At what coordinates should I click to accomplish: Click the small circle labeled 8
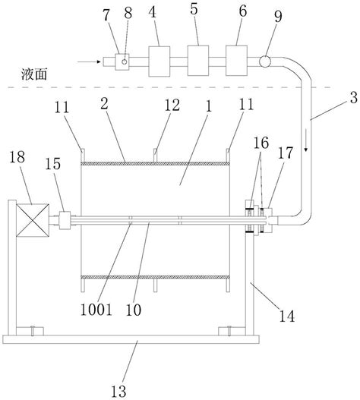pos(125,58)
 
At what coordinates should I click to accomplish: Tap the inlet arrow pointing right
pos(101,59)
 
